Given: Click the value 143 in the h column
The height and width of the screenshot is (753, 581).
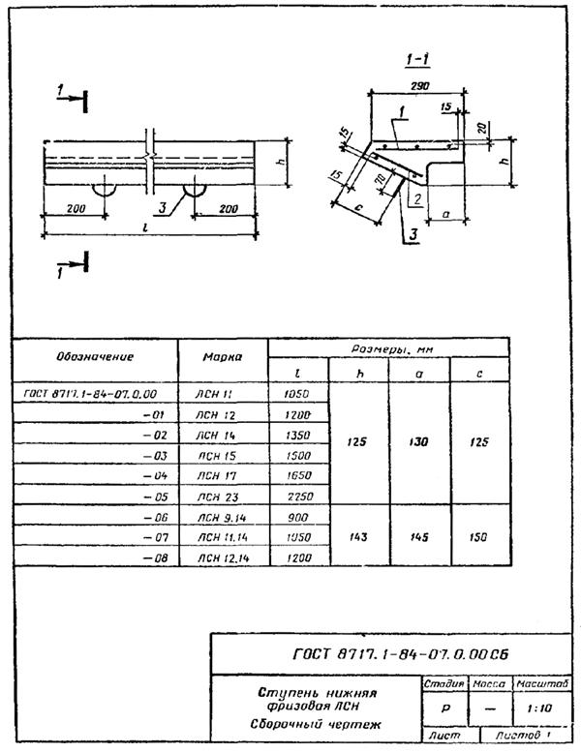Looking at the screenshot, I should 360,536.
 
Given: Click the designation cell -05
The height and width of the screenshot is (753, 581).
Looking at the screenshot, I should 155,494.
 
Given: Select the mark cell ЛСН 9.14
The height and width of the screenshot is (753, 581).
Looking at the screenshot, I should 221,517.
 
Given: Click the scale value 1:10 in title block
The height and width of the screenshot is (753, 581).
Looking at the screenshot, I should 540,708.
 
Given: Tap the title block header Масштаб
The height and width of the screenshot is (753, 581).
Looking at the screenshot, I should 540,684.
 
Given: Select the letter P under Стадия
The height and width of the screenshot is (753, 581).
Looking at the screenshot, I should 443,708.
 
